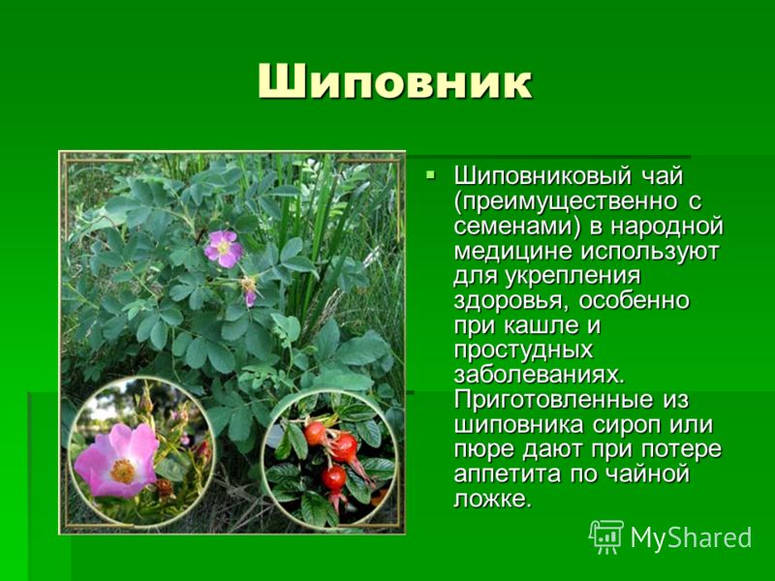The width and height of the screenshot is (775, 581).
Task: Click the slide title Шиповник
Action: pyautogui.click(x=395, y=82)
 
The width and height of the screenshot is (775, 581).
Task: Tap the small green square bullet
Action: pyautogui.click(x=431, y=174)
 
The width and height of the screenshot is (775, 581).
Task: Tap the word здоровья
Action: pyautogui.click(x=510, y=301)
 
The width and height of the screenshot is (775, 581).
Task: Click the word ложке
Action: pyautogui.click(x=493, y=499)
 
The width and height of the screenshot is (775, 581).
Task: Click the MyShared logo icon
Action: pyautogui.click(x=606, y=536)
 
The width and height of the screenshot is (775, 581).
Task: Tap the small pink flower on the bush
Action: pyautogui.click(x=224, y=249)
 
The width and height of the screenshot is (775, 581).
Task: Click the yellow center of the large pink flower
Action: pyautogui.click(x=122, y=471)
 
